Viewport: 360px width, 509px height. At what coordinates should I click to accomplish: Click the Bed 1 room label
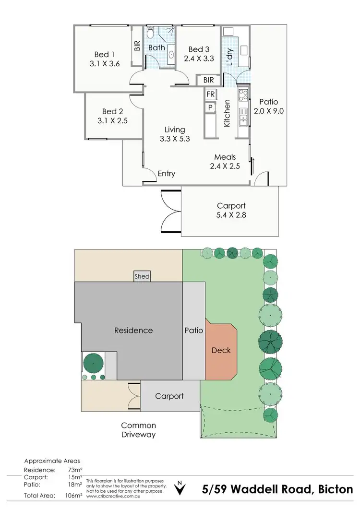point(102,54)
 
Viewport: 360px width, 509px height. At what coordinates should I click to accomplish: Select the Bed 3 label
point(199,49)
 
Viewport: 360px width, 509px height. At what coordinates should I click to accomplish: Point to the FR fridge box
point(210,95)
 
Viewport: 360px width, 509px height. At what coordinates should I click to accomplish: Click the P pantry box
point(210,108)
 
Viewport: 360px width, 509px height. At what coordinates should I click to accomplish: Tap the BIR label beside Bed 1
point(137,46)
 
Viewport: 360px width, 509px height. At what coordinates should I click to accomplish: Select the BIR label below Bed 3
point(208,80)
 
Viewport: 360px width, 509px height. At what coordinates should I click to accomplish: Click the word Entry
point(167,174)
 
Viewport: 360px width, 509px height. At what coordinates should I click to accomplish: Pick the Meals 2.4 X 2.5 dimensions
point(225,166)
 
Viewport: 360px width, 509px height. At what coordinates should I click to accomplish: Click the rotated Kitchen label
point(228,113)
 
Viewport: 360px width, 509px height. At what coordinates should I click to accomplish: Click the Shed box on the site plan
point(142,276)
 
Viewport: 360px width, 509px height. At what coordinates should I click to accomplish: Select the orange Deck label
point(221,350)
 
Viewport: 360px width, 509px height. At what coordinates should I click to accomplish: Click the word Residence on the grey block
point(133,330)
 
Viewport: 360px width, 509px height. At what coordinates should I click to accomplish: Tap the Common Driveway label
point(138,430)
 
